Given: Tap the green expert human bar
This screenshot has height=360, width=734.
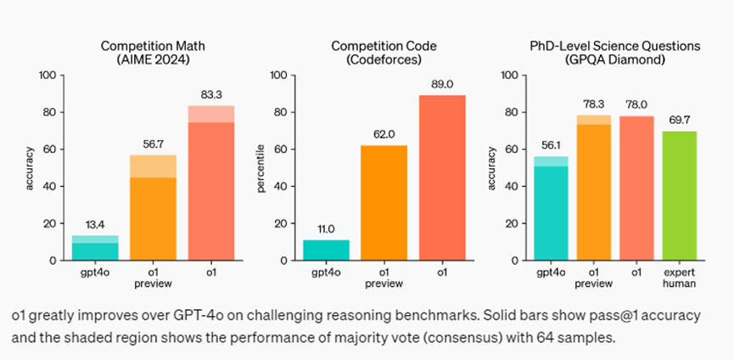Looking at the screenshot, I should pos(679,195).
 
